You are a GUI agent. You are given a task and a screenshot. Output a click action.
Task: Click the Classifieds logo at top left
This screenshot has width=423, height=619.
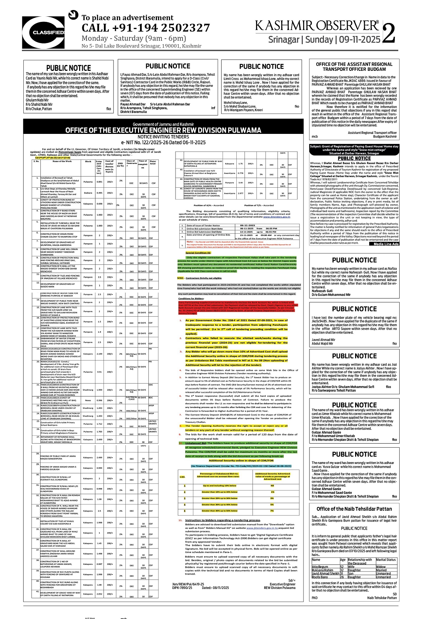[43, 32]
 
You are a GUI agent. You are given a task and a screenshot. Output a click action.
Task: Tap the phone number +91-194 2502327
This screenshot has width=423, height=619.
[145, 28]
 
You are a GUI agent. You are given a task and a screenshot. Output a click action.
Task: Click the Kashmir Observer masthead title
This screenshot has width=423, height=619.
[317, 26]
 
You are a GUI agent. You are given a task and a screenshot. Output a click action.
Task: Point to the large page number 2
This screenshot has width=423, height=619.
[388, 34]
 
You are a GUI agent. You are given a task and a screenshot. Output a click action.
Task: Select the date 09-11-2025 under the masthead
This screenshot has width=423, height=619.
[360, 40]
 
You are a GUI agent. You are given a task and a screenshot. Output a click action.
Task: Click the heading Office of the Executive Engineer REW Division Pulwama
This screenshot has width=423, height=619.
[163, 130]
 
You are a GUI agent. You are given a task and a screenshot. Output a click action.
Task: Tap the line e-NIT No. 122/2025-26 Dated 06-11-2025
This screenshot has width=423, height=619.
[163, 142]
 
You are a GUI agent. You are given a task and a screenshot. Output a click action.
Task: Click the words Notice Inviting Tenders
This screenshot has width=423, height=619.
[163, 137]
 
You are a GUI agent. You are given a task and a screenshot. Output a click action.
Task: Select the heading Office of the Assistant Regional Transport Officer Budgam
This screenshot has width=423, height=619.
[354, 67]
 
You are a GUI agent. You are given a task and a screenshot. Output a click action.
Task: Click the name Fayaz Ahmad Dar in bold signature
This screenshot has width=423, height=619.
[133, 105]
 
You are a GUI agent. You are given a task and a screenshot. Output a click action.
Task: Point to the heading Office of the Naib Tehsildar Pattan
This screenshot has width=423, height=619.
[354, 509]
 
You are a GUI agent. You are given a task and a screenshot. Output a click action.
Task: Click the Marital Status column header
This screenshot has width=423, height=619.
[386, 560]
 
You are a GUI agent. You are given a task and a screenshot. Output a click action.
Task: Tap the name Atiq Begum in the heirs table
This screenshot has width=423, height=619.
[320, 567]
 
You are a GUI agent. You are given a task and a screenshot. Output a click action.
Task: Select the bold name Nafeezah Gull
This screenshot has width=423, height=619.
[322, 291]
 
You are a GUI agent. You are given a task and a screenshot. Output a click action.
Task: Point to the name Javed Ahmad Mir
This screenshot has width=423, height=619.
[324, 340]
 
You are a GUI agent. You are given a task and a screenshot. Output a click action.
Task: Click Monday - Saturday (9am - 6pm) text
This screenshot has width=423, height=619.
[134, 39]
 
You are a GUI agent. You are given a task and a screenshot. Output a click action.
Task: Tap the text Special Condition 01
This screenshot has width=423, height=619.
[198, 253]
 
